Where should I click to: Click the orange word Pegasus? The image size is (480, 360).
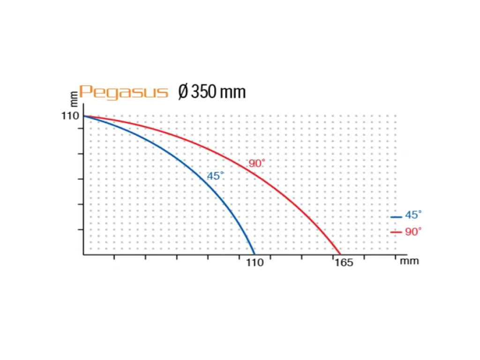pyautogui.click(x=123, y=92)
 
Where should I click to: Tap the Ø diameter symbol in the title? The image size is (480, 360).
pyautogui.click(x=183, y=92)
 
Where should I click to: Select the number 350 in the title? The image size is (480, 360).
pyautogui.click(x=203, y=92)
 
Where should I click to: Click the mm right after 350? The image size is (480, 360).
pyautogui.click(x=232, y=92)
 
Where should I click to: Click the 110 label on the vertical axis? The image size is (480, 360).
pyautogui.click(x=70, y=115)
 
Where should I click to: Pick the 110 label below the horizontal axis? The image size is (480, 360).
pyautogui.click(x=255, y=262)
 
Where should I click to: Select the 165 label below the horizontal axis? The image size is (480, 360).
pyautogui.click(x=344, y=262)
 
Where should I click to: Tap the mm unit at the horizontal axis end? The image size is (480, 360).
pyautogui.click(x=409, y=261)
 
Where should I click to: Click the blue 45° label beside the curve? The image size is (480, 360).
pyautogui.click(x=216, y=176)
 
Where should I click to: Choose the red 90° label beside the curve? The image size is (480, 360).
pyautogui.click(x=257, y=164)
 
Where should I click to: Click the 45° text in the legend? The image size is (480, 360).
pyautogui.click(x=413, y=215)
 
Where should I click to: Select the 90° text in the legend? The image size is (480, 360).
pyautogui.click(x=413, y=232)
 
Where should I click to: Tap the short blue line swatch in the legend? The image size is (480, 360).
pyautogui.click(x=396, y=217)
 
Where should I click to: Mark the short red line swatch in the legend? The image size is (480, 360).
pyautogui.click(x=396, y=232)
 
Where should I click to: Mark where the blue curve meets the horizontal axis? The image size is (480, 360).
pyautogui.click(x=254, y=254)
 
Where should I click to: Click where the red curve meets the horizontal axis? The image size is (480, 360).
pyautogui.click(x=340, y=254)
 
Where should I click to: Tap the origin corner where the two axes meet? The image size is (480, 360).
pyautogui.click(x=84, y=255)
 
